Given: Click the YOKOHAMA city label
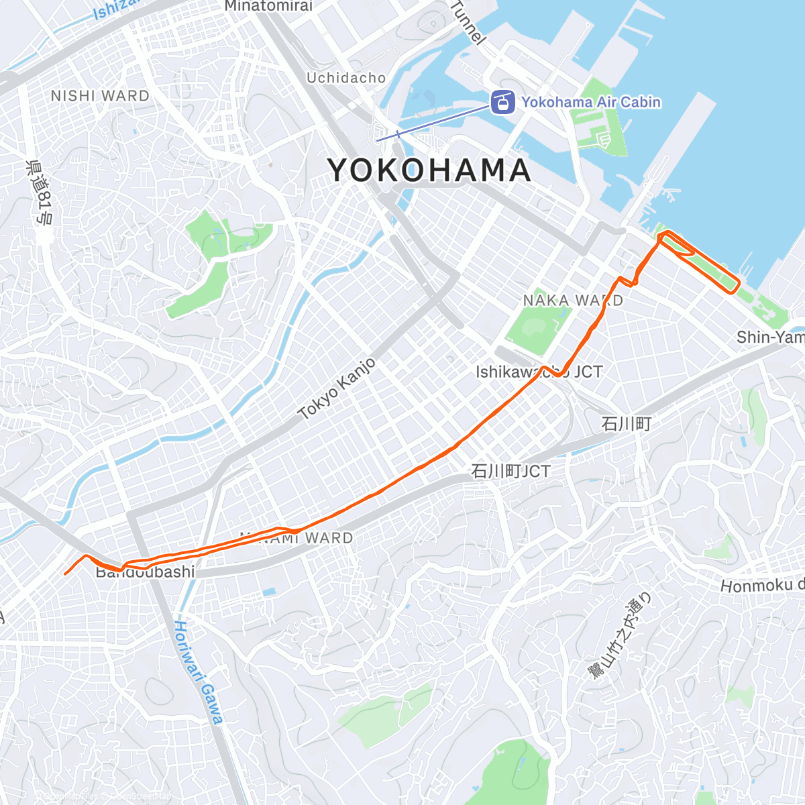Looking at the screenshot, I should tap(429, 170).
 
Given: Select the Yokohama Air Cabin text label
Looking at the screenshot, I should tap(590, 103).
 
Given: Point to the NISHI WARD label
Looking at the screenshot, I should tap(100, 96).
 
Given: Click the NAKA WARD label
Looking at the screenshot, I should tap(573, 301).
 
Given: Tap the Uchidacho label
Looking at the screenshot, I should tap(346, 78).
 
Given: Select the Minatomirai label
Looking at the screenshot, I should tap(268, 6).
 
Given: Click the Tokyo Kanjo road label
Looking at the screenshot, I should tap(337, 389).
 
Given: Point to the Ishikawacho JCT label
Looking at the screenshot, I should tap(539, 372).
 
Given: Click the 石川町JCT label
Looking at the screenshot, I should tap(510, 472).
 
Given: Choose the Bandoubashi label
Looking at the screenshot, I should tap(146, 572).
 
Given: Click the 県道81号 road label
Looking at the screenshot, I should tap(40, 192).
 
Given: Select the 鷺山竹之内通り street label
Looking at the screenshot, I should tap(619, 635).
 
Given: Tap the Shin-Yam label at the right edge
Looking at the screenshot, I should tap(769, 337).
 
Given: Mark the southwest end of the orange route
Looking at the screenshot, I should tap(65, 574).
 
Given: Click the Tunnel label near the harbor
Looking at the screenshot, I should tap(468, 22).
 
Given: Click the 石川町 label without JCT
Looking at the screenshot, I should tap(626, 424).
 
